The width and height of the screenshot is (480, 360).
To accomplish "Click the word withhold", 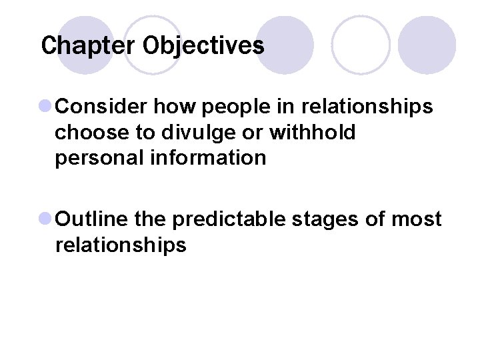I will click(313, 132).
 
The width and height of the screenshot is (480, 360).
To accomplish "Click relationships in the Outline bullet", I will click(121, 245).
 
